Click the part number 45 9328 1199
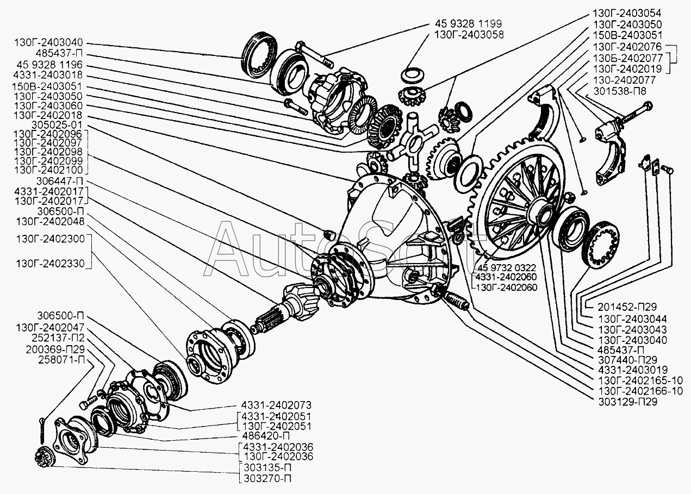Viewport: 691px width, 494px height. click(x=468, y=24)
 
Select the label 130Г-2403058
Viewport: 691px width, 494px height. click(x=469, y=34)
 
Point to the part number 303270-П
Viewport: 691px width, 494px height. click(x=265, y=478)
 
